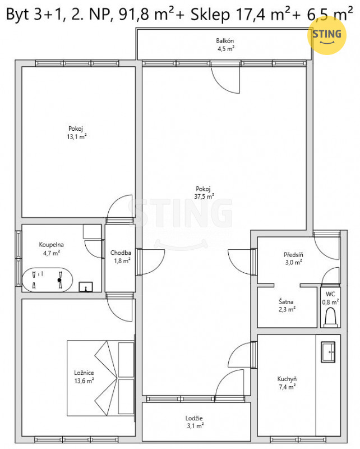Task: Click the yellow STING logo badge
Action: click(x=326, y=35)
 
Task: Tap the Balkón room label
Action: click(x=225, y=40)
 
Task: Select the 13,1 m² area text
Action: click(x=77, y=136)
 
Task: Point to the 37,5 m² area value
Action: click(x=204, y=196)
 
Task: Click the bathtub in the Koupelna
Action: click(x=47, y=280)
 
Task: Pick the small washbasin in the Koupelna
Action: click(x=86, y=287)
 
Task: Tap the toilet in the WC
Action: click(x=331, y=317)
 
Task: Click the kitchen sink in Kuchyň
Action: click(x=328, y=352)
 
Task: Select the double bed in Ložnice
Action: click(x=101, y=378)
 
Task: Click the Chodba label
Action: click(x=121, y=253)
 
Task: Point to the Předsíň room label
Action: click(x=293, y=254)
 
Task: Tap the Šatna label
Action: click(x=286, y=301)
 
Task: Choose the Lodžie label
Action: click(x=194, y=418)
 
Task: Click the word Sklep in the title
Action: click(x=210, y=15)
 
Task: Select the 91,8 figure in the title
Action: click(x=134, y=15)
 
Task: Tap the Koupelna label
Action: click(x=51, y=245)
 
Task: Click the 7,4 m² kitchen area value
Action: click(x=287, y=387)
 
